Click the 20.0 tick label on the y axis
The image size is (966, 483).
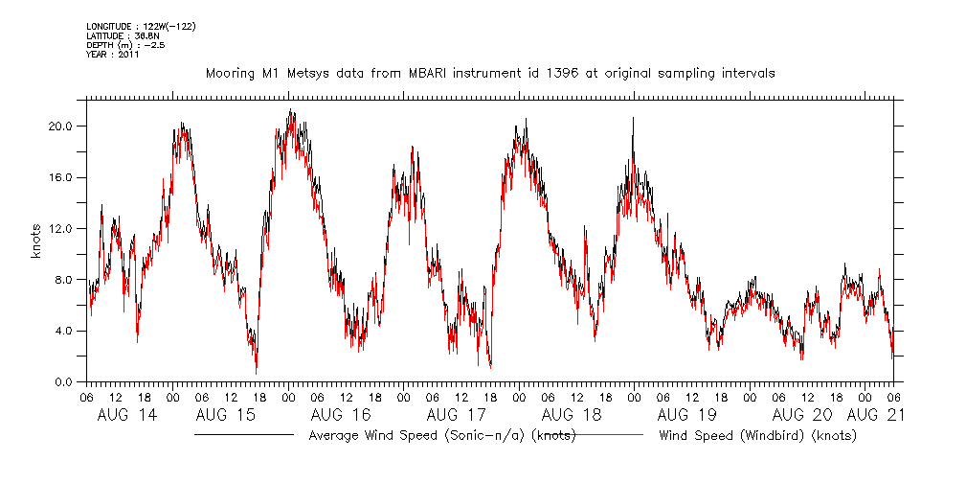click(x=65, y=126)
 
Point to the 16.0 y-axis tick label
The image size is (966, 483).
click(x=65, y=177)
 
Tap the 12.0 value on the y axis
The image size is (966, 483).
click(x=65, y=228)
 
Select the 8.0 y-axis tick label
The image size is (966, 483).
click(x=69, y=280)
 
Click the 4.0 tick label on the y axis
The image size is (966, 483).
click(x=69, y=331)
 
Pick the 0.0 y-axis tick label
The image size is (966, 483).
click(x=69, y=381)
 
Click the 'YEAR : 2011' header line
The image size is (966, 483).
click(x=114, y=54)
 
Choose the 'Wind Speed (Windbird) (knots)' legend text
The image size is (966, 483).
click(x=757, y=435)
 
